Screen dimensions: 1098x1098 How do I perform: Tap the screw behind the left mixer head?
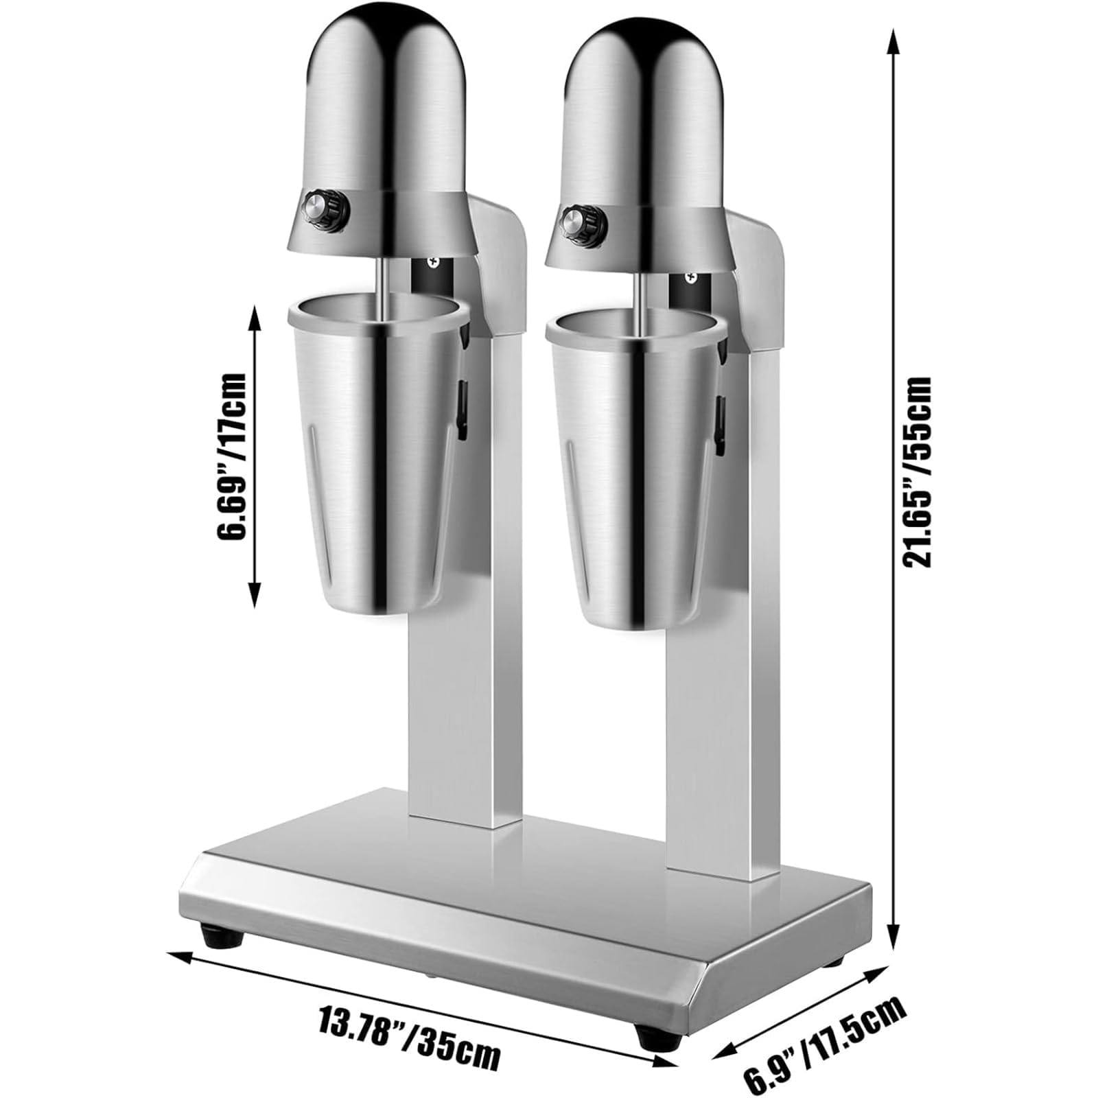tap(433, 261)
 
